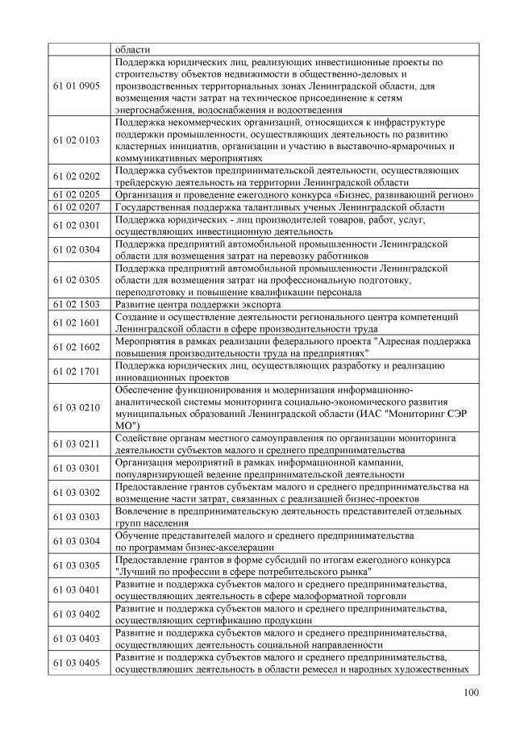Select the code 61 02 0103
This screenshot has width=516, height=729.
pyautogui.click(x=78, y=140)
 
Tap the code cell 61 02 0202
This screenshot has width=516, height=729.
pyautogui.click(x=78, y=176)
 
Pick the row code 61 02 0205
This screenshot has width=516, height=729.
pyautogui.click(x=78, y=194)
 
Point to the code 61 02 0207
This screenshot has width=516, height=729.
pyautogui.click(x=78, y=207)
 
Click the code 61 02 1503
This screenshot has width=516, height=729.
pyautogui.click(x=78, y=304)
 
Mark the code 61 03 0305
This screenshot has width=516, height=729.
pyautogui.click(x=78, y=565)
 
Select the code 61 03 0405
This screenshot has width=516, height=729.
pyautogui.click(x=78, y=662)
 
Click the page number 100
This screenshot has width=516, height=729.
pyautogui.click(x=472, y=692)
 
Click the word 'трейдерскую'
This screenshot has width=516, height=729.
pyautogui.click(x=147, y=182)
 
